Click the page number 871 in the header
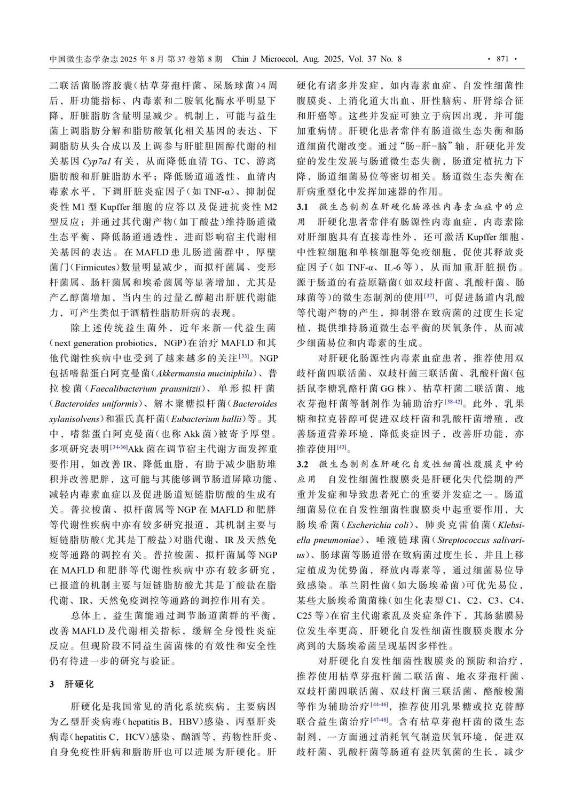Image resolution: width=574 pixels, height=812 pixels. (x=502, y=59)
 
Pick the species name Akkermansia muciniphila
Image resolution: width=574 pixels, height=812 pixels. (x=205, y=373)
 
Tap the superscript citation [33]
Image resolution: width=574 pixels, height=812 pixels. (x=244, y=356)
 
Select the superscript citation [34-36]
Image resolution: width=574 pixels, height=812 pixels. (x=119, y=447)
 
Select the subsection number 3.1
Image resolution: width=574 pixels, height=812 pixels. (x=302, y=207)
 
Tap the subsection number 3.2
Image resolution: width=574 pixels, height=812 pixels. (x=302, y=464)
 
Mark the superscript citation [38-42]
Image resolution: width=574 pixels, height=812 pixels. (x=453, y=401)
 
